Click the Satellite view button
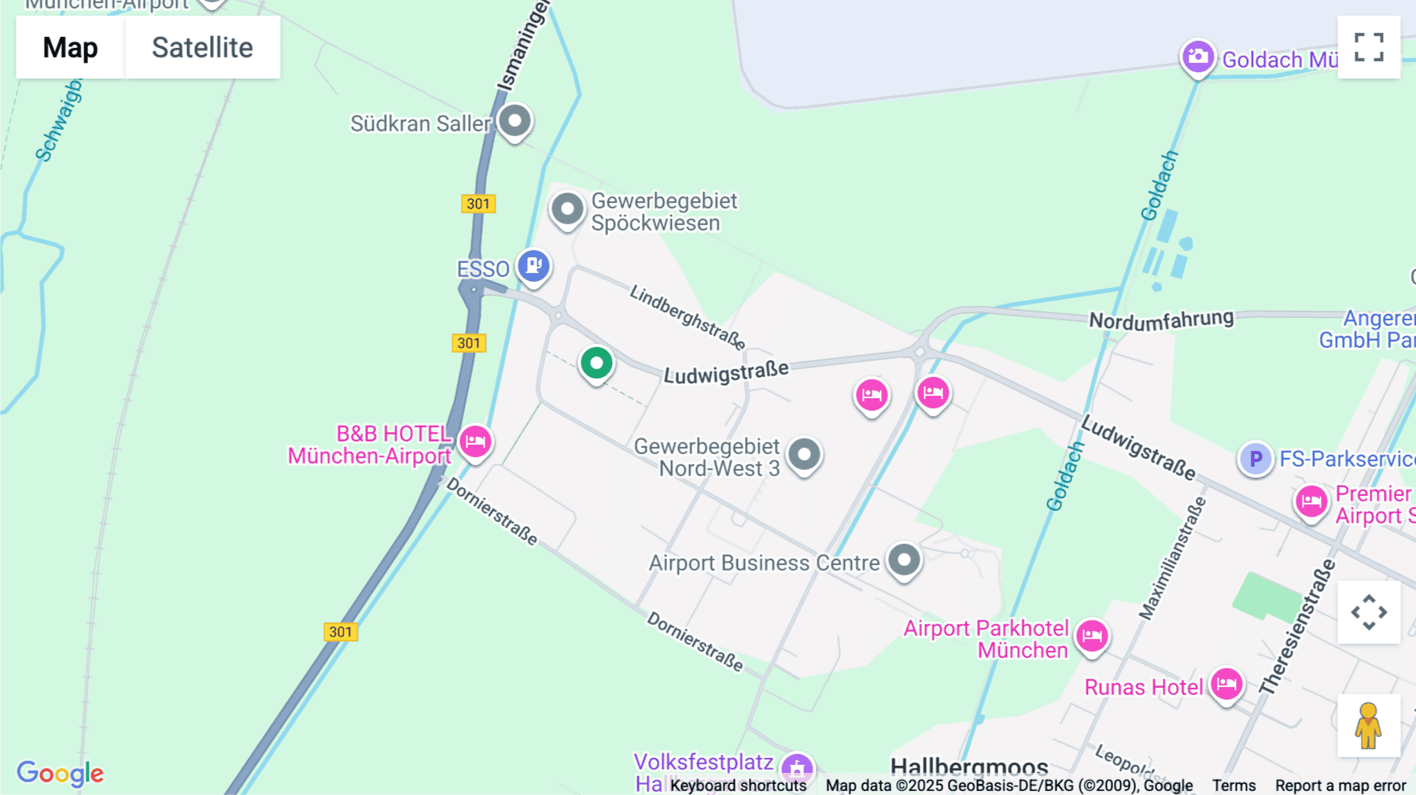pos(202,47)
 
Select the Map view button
pos(70,47)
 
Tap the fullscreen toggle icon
pos(1369,47)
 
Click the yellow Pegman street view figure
pos(1368,726)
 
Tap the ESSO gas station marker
pos(533,265)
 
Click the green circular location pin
pos(596,364)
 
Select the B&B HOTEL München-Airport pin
pos(475,441)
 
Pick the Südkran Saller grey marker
pos(515,121)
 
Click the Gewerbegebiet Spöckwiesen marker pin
pos(567,209)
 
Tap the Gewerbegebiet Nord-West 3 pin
pos(804,454)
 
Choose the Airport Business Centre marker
pos(904,560)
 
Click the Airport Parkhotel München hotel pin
pos(1092,635)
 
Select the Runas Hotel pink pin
pos(1226,684)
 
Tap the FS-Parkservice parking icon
pos(1256,458)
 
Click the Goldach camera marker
pos(1197,57)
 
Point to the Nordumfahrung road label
pos(1161,320)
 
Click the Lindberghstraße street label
pos(688,317)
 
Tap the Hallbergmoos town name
pos(969,767)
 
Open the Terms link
pos(1233,786)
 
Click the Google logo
pos(61,773)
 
